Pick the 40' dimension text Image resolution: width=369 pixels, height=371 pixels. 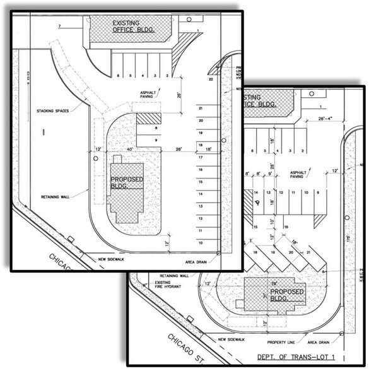pos(130,150)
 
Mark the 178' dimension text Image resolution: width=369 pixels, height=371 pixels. pos(348,240)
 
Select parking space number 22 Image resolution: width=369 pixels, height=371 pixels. pos(210,79)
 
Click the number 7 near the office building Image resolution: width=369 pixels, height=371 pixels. pos(59,26)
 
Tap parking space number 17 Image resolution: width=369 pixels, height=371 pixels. pos(201,156)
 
